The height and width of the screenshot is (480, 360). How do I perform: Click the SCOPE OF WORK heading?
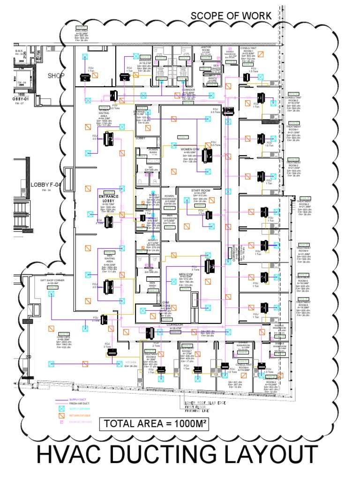coord(231,16)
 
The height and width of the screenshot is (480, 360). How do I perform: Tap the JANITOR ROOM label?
coord(206,49)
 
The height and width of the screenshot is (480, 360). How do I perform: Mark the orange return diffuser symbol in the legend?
coord(60,415)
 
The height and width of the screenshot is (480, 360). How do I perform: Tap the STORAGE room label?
coord(142,112)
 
